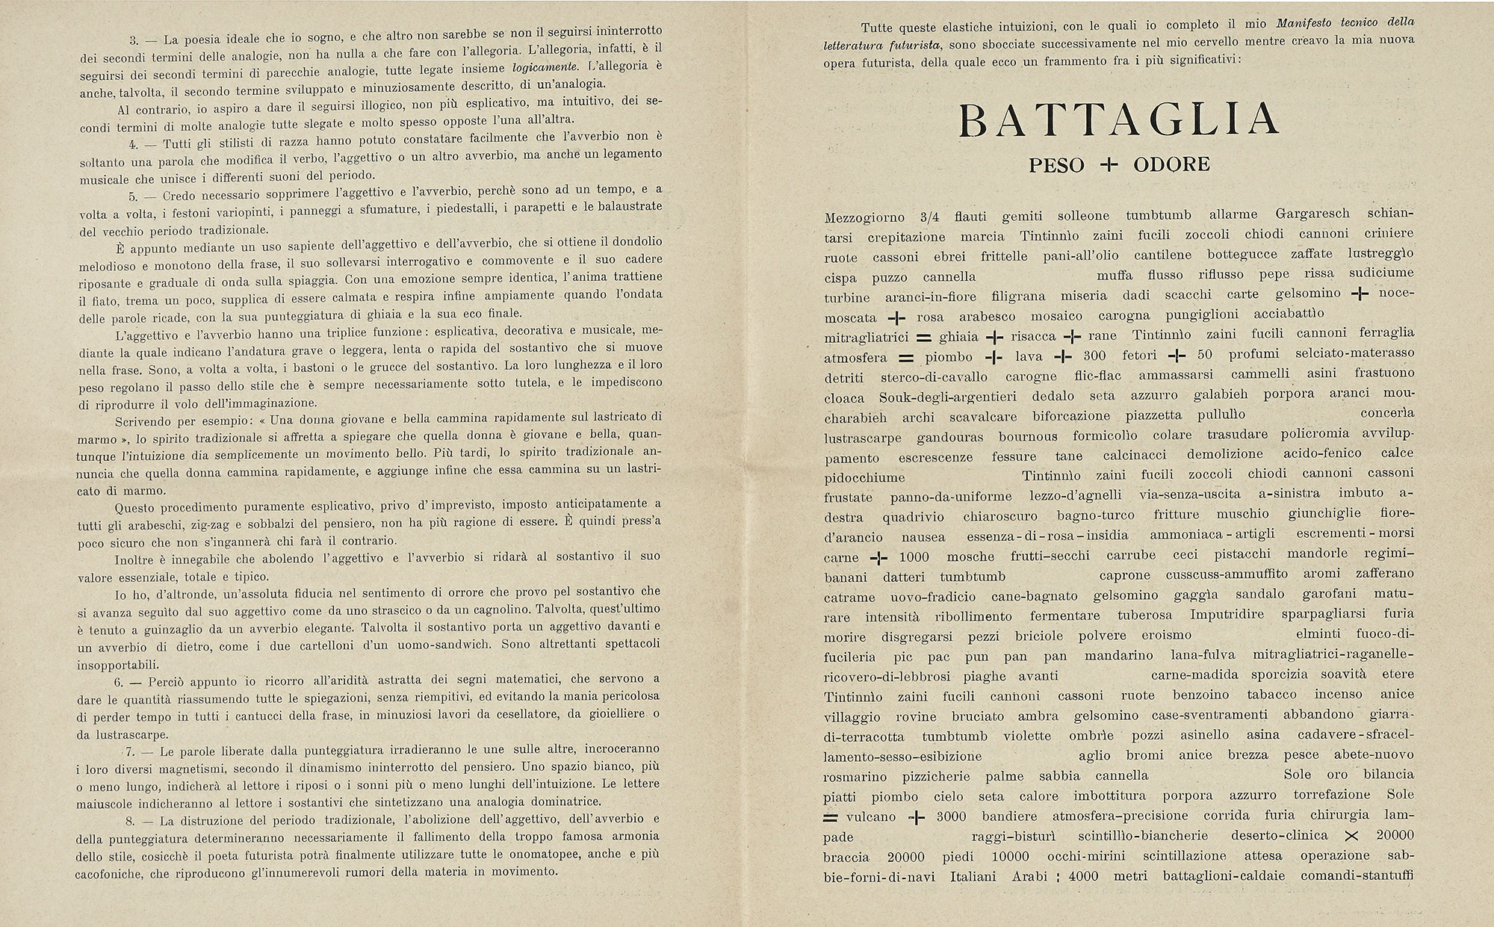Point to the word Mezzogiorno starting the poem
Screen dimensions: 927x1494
pos(863,218)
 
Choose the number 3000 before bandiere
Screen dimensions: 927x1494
pos(951,816)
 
